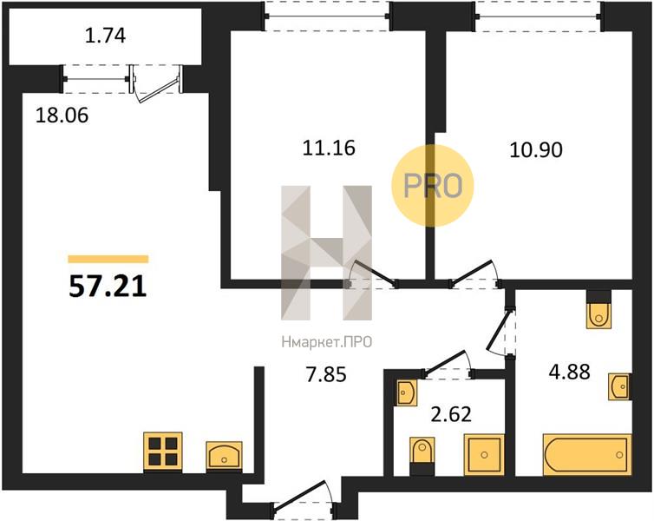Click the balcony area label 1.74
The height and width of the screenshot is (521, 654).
click(x=105, y=36)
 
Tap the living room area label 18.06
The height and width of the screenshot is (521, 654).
click(x=62, y=115)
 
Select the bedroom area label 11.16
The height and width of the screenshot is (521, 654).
click(x=329, y=148)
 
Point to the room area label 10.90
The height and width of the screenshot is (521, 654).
click(x=536, y=150)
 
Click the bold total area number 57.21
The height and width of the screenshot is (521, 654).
click(x=108, y=287)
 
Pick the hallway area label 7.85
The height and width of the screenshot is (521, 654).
click(x=326, y=375)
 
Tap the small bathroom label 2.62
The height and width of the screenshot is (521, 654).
click(x=451, y=414)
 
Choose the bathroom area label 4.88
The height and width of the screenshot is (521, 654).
click(x=569, y=372)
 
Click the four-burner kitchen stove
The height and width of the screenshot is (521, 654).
click(x=163, y=452)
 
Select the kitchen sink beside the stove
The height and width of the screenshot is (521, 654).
click(x=225, y=457)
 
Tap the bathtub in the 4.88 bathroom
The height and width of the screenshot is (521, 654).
click(x=587, y=455)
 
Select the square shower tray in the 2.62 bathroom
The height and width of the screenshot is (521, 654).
click(x=484, y=455)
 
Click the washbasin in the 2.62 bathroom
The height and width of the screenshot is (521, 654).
click(x=405, y=392)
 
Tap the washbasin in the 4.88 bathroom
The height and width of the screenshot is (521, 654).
click(x=620, y=386)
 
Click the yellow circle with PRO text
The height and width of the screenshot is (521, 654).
click(x=433, y=185)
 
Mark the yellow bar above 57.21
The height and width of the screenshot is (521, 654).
click(x=108, y=260)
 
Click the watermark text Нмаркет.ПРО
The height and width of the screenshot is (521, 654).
click(x=327, y=343)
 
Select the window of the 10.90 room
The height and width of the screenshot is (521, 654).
click(x=539, y=16)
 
